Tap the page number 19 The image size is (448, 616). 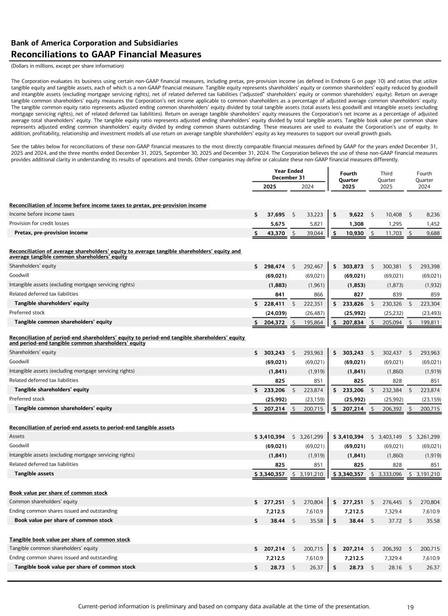pos(410,607)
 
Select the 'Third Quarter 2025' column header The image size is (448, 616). pos(386,180)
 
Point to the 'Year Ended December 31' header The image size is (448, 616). pos(289,174)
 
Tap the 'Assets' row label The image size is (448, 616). pos(17,436)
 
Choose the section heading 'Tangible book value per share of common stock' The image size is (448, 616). pos(69,540)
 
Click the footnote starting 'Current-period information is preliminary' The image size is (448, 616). pos(224,607)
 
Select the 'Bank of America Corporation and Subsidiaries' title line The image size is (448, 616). pos(94,43)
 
